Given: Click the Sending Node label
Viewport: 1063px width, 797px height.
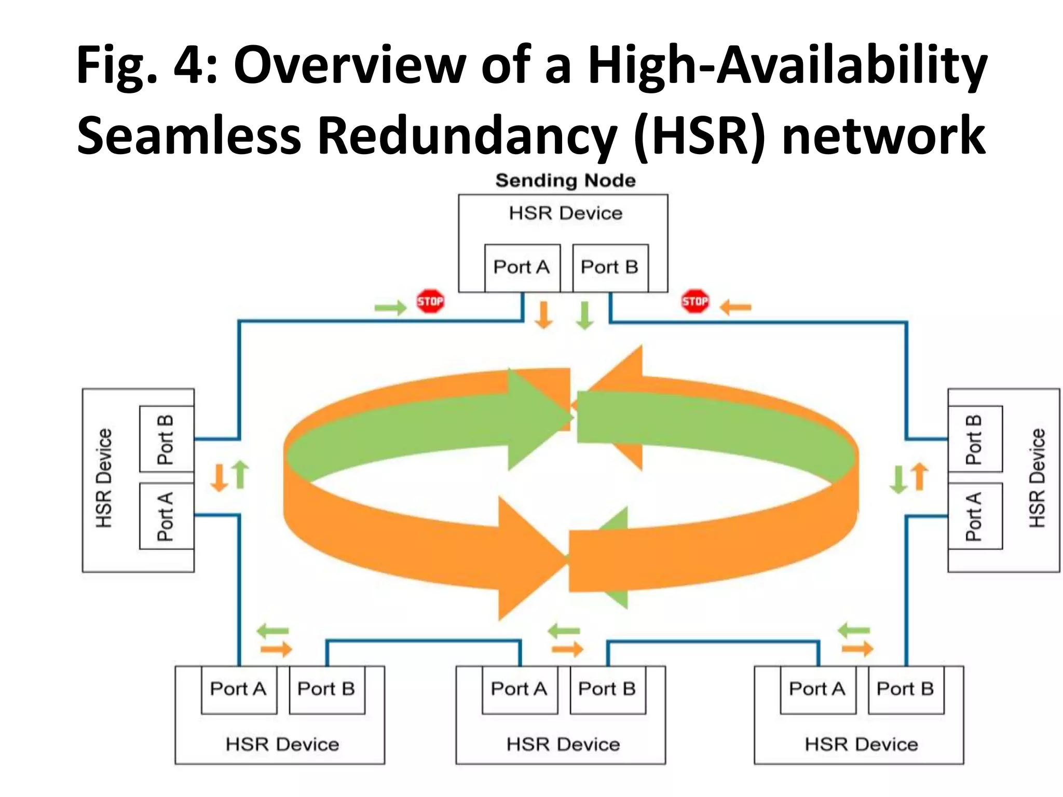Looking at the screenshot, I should point(565,181).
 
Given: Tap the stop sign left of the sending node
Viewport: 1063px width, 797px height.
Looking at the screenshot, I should point(430,301).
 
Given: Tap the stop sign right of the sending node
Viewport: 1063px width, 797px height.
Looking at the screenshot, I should point(695,301).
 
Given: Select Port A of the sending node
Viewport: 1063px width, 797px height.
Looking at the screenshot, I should point(522,267).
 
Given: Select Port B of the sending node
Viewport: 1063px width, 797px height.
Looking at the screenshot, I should point(610,267).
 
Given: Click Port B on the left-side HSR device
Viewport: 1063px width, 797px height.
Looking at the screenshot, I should point(166,439).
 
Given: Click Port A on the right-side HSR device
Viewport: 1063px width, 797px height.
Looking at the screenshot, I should point(974,516).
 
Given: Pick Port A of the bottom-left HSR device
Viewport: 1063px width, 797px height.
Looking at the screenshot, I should point(238,689).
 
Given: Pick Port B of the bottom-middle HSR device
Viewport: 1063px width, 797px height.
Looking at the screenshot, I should point(607,689).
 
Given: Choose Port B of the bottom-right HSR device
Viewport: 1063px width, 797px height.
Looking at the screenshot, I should point(906,689).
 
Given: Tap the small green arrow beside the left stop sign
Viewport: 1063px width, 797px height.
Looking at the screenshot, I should point(390,308).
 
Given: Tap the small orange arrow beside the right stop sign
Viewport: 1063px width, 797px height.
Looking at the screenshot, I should point(735,308).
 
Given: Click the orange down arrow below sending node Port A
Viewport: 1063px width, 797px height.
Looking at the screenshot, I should point(543,314).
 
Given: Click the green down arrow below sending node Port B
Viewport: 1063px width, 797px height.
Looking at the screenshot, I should point(585,314).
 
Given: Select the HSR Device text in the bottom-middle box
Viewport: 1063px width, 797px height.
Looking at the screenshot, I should point(563,745).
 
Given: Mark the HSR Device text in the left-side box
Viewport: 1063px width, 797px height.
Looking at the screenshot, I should point(104,478).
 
